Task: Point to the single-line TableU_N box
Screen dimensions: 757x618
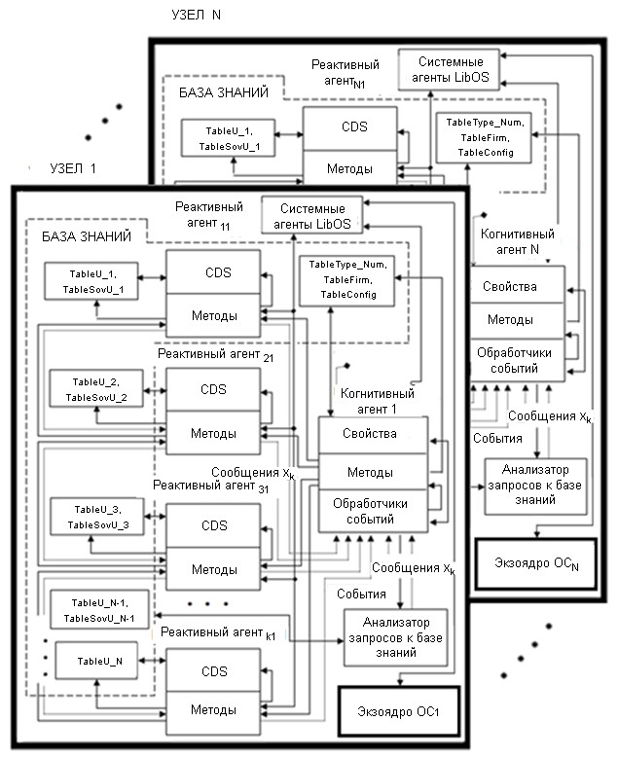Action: pos(95,661)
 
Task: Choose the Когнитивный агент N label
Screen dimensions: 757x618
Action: pos(518,241)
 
